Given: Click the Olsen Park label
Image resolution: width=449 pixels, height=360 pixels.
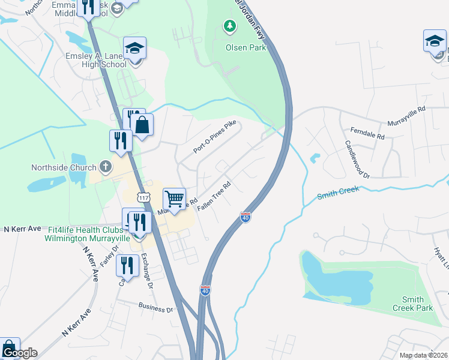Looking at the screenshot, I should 246,47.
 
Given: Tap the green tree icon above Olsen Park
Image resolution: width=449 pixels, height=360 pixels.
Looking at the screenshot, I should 229,26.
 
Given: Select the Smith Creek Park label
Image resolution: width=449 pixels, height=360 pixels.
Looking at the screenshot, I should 412,304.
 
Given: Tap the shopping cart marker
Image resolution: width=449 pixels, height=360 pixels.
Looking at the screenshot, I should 174,199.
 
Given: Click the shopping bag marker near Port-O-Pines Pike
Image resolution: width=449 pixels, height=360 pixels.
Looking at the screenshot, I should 142,126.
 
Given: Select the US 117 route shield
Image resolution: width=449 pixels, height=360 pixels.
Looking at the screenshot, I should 143,197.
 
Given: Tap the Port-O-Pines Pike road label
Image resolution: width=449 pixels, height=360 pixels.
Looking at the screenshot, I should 215,136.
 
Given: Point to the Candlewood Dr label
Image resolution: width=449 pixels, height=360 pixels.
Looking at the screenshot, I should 357,160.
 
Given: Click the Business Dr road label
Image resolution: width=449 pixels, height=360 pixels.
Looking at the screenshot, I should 155,309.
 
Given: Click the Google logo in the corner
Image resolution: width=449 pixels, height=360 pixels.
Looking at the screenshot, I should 19,352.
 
